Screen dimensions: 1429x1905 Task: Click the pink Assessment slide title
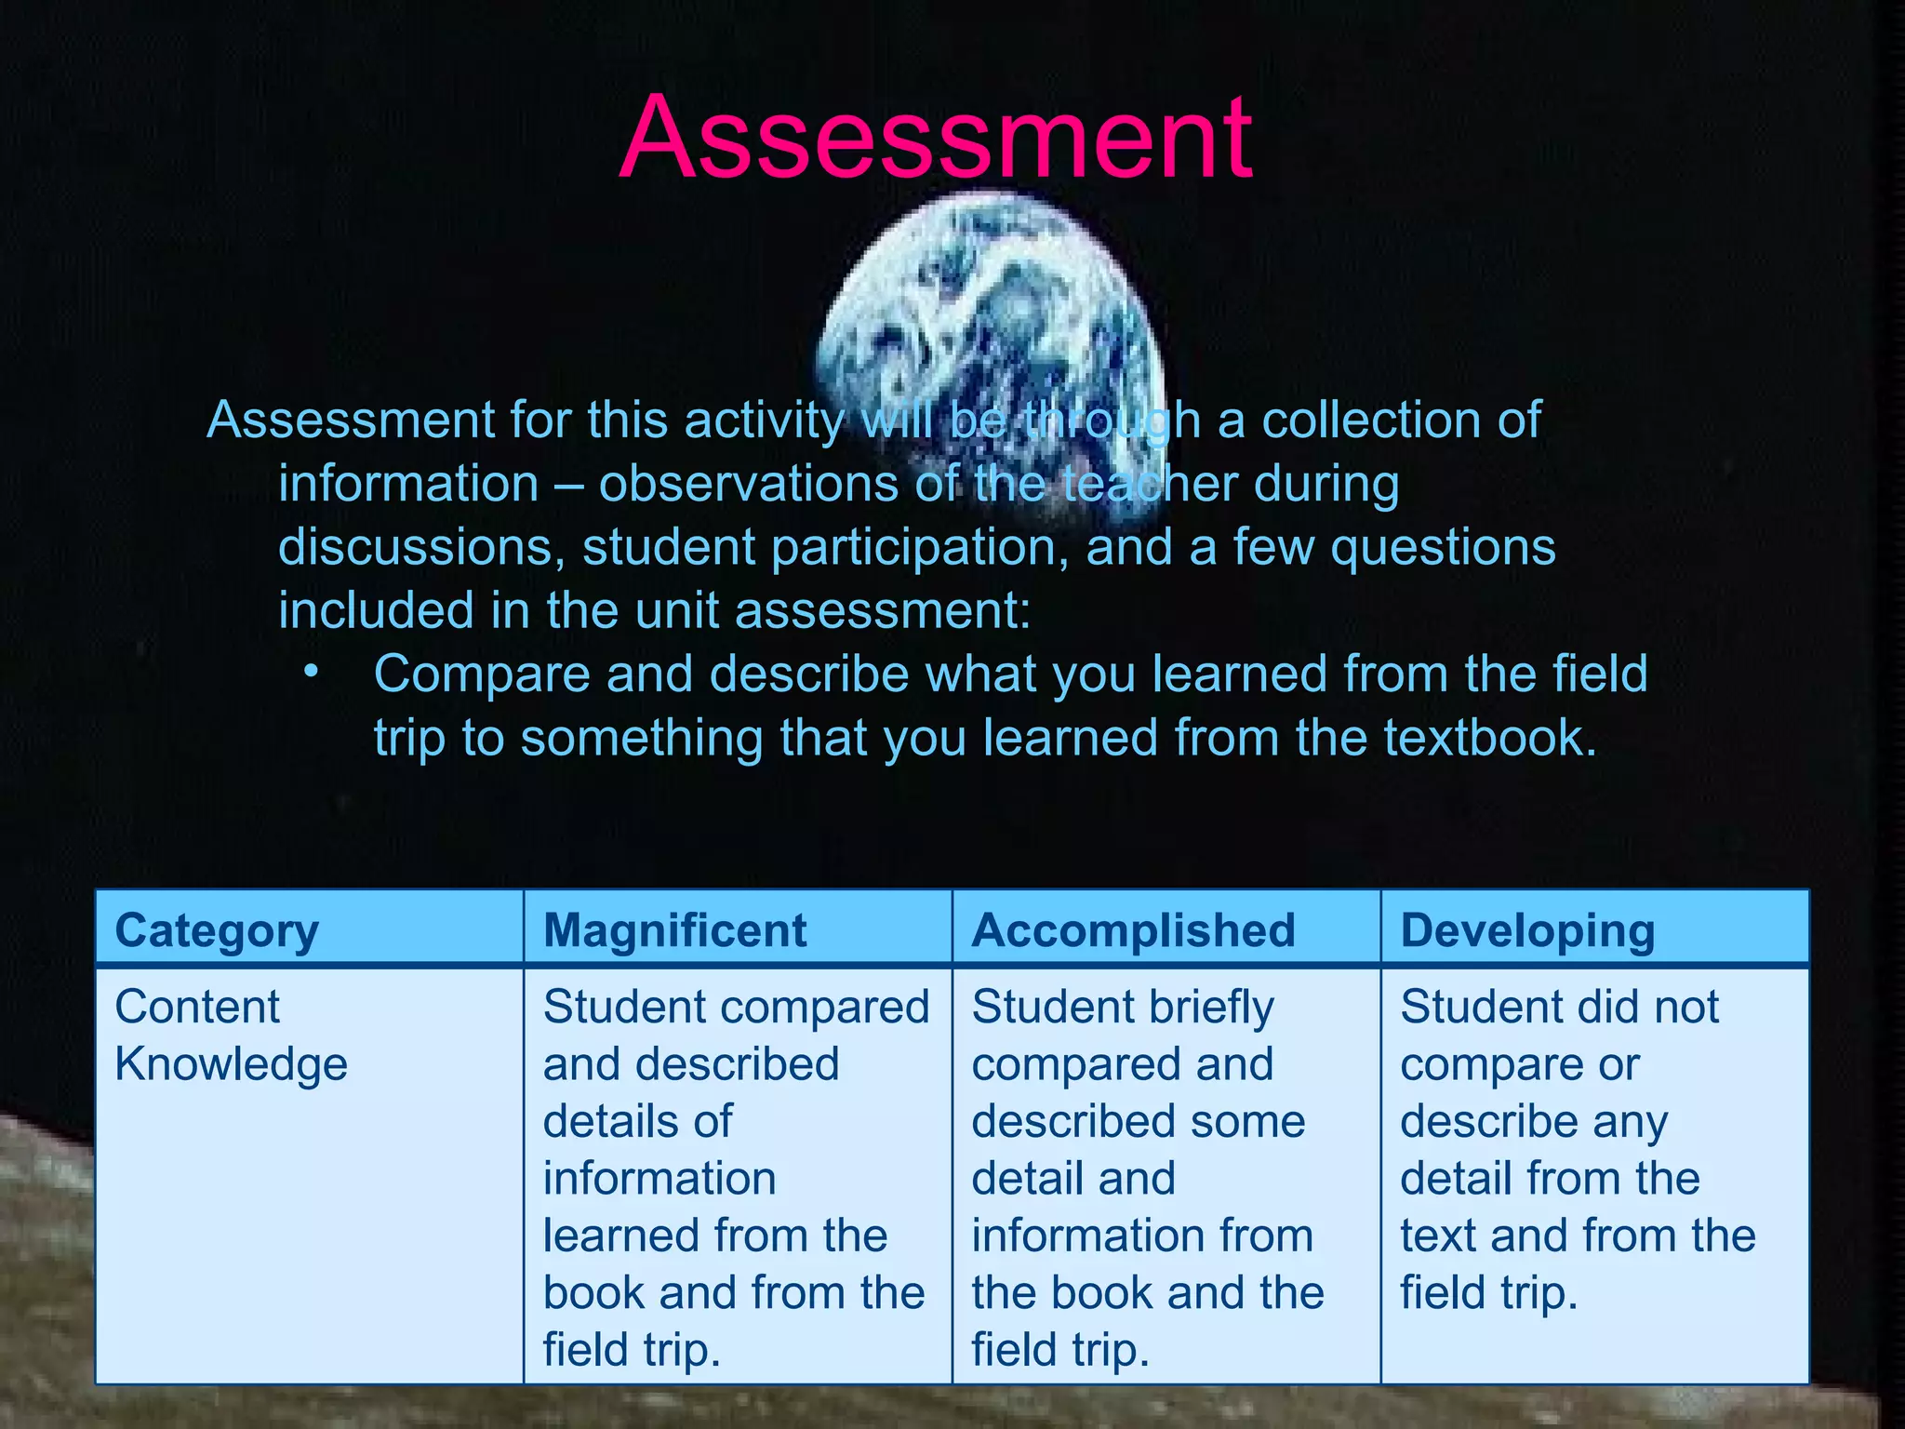pos(936,138)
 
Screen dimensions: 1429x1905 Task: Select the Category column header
pos(216,929)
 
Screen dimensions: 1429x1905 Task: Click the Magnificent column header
pos(675,929)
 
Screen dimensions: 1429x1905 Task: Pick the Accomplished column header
pos(1133,929)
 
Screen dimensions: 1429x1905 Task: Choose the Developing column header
pos(1527,929)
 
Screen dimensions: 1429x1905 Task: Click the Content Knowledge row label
pos(230,1035)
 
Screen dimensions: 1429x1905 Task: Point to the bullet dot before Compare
pos(311,671)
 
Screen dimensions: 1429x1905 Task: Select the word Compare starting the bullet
pos(482,674)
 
